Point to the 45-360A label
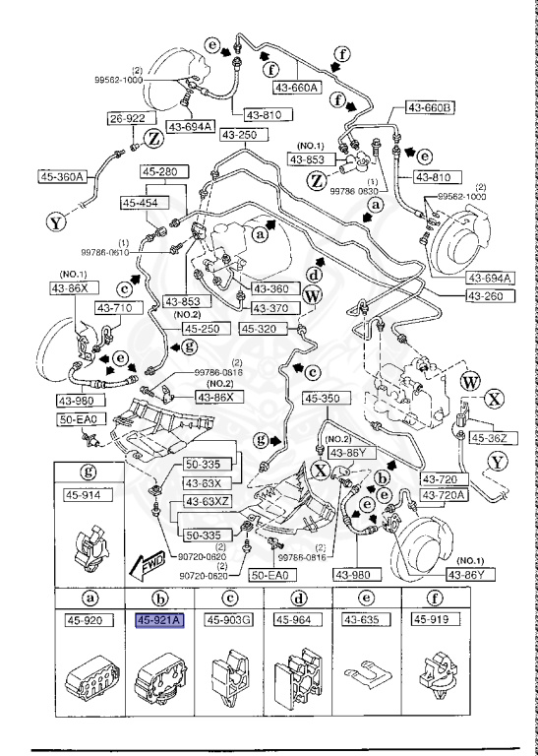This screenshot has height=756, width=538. pyautogui.click(x=63, y=177)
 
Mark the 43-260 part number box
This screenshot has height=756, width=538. pyautogui.click(x=486, y=293)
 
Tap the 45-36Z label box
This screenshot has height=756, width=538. pyautogui.click(x=488, y=437)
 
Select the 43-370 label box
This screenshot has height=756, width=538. pyautogui.click(x=264, y=308)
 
